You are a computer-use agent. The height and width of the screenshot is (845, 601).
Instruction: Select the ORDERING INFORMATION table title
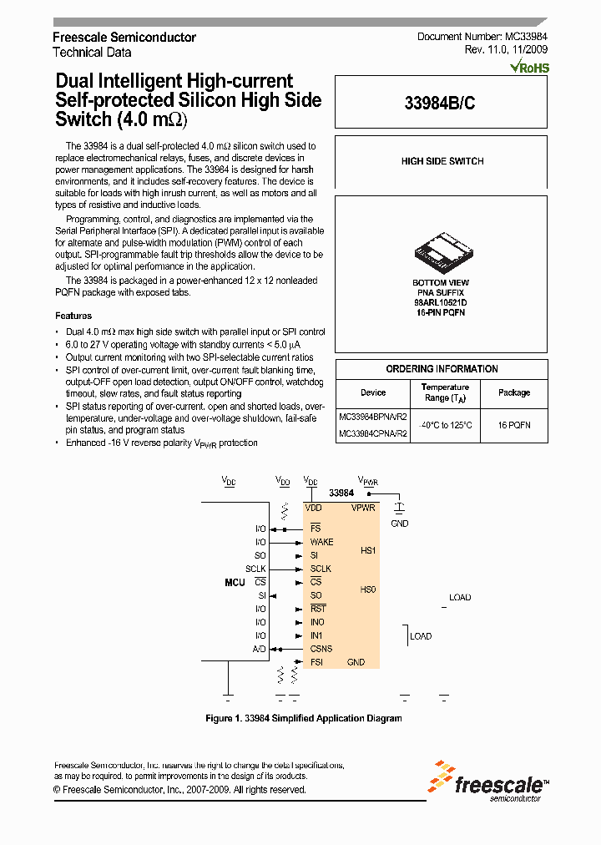coord(442,369)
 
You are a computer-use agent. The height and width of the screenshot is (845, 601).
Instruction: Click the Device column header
coord(373,392)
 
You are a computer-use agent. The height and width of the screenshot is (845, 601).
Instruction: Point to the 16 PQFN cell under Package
coord(514,425)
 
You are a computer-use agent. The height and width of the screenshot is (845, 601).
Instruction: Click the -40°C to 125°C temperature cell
coord(445,425)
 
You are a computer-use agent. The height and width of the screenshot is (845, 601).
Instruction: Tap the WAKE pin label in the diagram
coord(321,542)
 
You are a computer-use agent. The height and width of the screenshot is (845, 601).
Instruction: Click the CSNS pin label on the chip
coord(321,649)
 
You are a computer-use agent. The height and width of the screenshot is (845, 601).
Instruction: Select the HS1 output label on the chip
coord(368,551)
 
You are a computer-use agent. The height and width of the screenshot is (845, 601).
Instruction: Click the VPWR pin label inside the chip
coord(364,508)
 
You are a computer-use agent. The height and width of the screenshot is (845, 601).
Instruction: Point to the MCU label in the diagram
coord(235,582)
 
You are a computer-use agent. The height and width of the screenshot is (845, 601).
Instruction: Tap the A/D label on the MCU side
coord(259,649)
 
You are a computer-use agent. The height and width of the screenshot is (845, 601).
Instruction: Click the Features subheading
coord(73,316)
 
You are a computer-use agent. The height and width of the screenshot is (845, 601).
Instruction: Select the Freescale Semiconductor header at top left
coord(124,38)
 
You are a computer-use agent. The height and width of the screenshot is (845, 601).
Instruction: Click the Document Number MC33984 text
coord(482,38)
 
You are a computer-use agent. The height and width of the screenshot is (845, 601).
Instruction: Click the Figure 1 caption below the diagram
coord(304,718)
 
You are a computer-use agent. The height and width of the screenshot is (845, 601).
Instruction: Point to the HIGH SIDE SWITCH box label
coord(442,161)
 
